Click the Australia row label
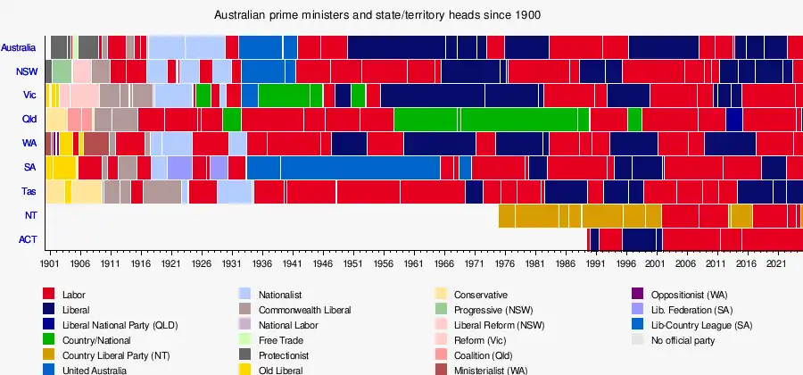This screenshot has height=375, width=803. (x=19, y=47)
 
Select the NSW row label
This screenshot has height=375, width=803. (x=26, y=71)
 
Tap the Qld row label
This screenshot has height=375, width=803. (x=29, y=120)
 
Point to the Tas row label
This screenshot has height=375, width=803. (x=29, y=191)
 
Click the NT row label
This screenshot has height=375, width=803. (x=30, y=215)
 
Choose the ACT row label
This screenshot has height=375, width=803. (x=28, y=239)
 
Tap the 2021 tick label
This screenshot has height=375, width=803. (x=775, y=265)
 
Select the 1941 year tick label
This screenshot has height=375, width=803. (x=291, y=265)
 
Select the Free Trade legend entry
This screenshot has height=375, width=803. (x=281, y=340)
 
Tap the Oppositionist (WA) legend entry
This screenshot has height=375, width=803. (x=691, y=295)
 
